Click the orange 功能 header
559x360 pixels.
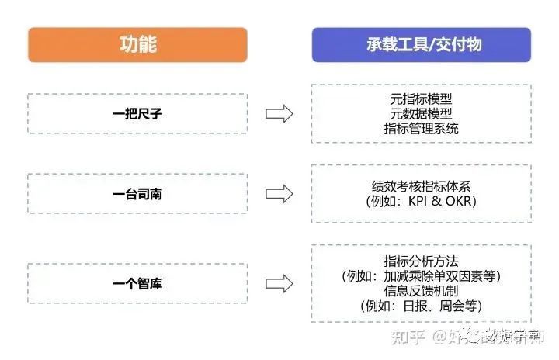pos(137,44)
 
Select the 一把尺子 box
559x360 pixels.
pos(137,114)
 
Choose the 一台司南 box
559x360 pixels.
pos(137,193)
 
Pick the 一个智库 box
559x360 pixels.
pos(137,283)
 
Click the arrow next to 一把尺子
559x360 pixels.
pos(279,114)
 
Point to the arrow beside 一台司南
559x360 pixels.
pos(279,193)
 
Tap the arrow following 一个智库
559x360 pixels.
pos(279,283)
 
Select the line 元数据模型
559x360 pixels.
pos(422,114)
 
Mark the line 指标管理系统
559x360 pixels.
pos(422,129)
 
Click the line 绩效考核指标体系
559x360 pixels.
pos(422,186)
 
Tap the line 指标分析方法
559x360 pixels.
pos(422,261)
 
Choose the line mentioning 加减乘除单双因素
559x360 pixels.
pos(422,275)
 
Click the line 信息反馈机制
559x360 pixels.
pos(422,291)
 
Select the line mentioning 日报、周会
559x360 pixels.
pos(422,306)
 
